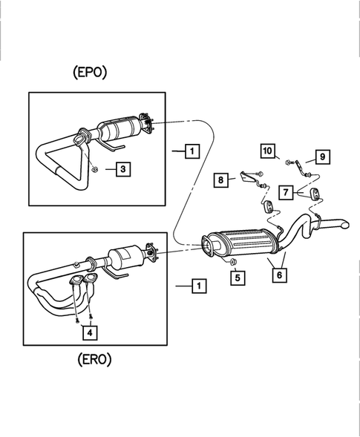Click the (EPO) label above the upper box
(x=91, y=73)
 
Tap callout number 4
(x=89, y=334)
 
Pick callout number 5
(x=237, y=279)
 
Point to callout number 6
(x=279, y=275)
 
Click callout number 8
(x=221, y=179)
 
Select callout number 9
(x=322, y=157)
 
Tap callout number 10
(x=267, y=151)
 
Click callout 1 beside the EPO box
(x=192, y=151)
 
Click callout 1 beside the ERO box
(x=197, y=284)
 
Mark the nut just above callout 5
(x=232, y=263)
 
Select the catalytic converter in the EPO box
(x=120, y=131)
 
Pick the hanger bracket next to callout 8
(x=246, y=178)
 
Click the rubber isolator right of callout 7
(x=312, y=194)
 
